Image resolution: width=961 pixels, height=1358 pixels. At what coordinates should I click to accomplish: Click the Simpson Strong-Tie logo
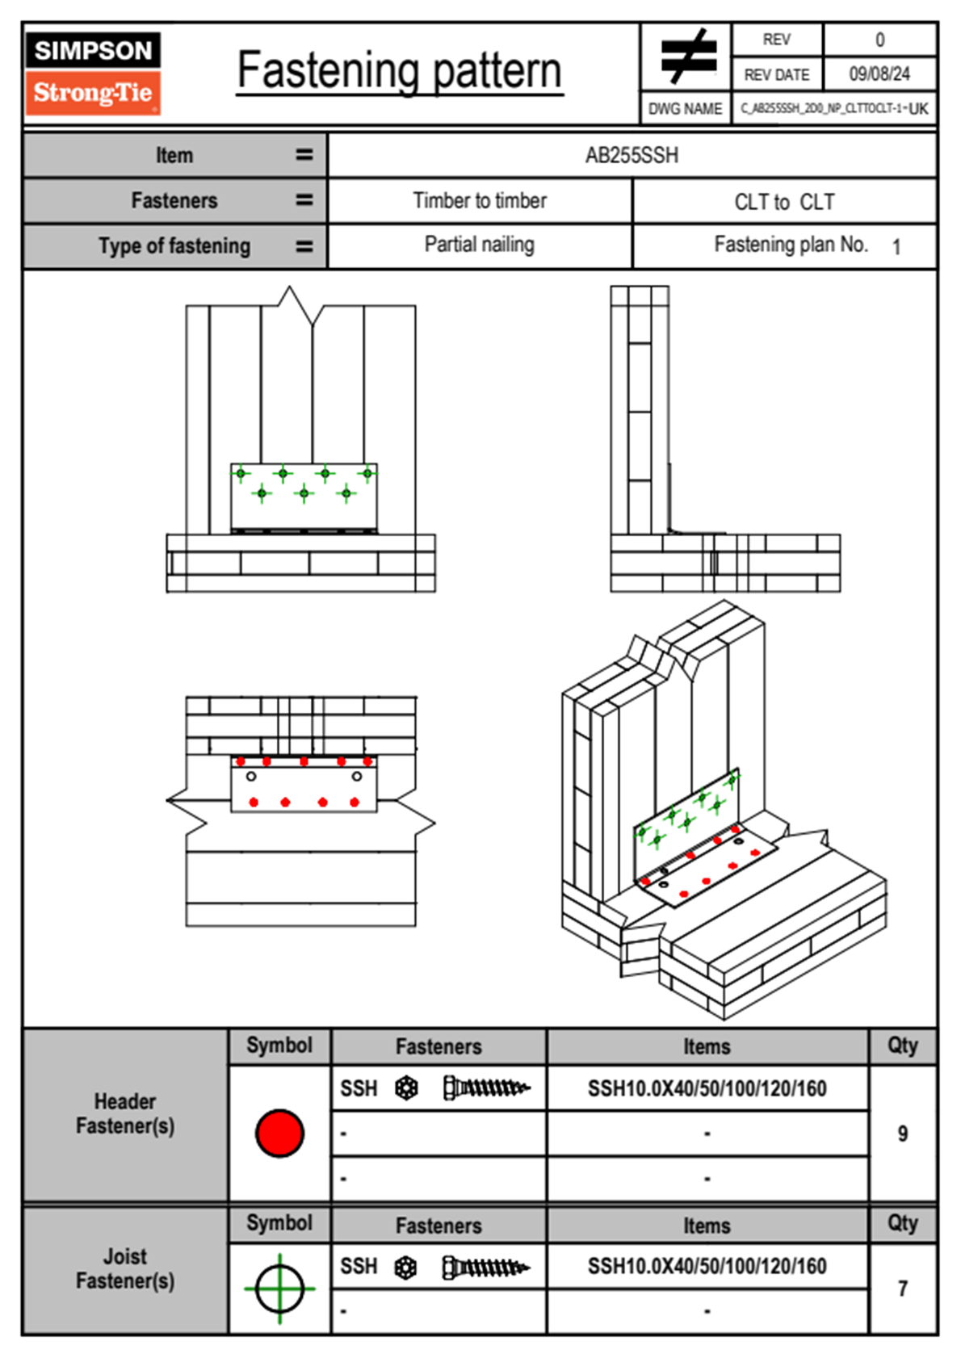[93, 73]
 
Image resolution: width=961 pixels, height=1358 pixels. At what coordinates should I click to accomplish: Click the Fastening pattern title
[399, 71]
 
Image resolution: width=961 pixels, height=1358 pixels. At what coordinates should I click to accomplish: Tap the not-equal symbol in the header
[688, 57]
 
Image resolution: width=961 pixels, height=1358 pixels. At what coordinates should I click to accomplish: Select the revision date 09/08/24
[879, 74]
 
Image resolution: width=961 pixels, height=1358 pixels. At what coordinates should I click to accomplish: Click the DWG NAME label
[685, 109]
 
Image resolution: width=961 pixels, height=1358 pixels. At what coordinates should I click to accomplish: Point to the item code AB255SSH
[632, 155]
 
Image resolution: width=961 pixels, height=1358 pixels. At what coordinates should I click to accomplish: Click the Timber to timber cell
[480, 201]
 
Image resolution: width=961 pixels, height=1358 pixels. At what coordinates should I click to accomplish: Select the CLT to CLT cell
[784, 202]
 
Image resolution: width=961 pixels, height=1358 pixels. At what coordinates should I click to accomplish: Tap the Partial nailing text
[480, 245]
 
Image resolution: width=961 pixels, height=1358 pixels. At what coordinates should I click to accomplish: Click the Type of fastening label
[174, 246]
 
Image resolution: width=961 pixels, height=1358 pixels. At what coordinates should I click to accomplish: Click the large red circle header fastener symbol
[279, 1133]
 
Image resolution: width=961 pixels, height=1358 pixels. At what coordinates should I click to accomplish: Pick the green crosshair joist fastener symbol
[279, 1289]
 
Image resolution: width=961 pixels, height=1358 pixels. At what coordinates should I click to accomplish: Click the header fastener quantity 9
[902, 1134]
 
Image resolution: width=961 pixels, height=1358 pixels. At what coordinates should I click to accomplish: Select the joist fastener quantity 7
[902, 1289]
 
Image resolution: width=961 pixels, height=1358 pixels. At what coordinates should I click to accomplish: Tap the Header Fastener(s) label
[125, 1113]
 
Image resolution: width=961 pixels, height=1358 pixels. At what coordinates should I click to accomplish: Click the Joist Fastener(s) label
[125, 1268]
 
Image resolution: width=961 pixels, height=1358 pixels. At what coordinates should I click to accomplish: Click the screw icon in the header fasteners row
[486, 1088]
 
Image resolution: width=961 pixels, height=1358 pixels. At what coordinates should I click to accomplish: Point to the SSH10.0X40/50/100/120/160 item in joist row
[707, 1266]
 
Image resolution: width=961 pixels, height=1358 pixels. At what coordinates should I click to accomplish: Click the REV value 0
[879, 40]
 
